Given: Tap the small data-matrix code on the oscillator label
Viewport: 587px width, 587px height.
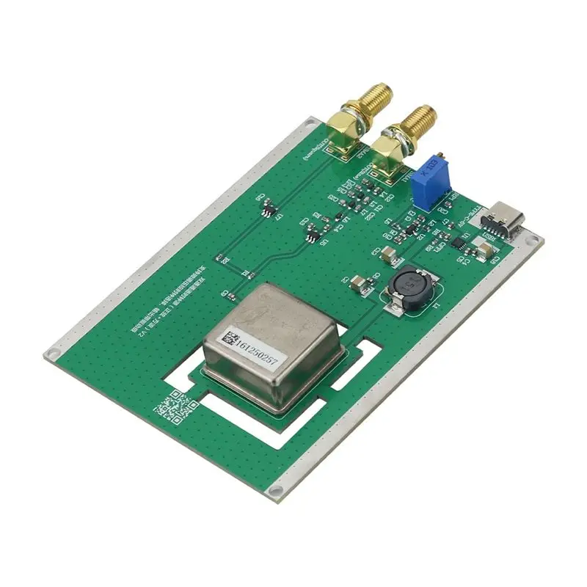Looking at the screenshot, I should click(230, 339).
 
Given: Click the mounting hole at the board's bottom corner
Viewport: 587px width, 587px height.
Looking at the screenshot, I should click(275, 491).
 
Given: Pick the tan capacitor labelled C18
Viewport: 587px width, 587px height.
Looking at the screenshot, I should click(484, 250).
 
